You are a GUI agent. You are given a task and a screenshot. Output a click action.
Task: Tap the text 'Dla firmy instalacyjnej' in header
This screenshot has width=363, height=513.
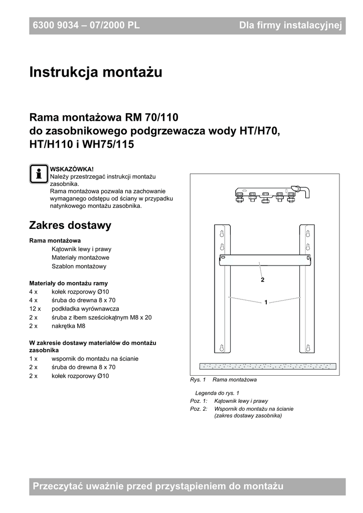290,26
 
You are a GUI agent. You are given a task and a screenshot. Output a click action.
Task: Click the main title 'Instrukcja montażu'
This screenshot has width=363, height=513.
96,73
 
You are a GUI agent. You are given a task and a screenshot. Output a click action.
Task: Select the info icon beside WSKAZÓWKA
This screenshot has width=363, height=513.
38,174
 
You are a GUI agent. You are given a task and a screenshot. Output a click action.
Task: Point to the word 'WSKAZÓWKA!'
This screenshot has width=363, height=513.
72,169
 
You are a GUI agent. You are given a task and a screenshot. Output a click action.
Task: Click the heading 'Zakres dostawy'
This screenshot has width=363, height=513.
70,225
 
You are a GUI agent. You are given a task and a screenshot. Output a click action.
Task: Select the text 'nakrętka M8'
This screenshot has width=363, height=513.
68,326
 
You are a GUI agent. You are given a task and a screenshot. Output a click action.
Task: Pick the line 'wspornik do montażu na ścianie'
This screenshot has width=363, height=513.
95,359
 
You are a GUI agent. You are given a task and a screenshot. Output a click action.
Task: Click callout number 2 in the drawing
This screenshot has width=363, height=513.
262,280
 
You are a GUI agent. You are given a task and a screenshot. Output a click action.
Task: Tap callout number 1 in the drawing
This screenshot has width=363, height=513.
266,302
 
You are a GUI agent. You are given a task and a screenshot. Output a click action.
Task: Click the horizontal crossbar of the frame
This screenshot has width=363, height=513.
264,261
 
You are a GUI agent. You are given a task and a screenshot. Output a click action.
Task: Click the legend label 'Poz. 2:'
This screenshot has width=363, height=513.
199,409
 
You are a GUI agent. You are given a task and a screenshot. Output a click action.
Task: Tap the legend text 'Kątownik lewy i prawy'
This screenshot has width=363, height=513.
241,401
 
